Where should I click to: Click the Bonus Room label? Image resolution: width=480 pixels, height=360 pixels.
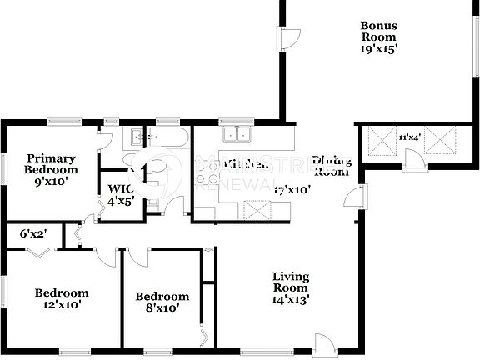coord(378,31)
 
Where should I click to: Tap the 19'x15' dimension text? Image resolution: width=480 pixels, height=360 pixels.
coord(378,49)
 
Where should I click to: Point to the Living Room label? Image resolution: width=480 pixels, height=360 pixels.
coord(291,282)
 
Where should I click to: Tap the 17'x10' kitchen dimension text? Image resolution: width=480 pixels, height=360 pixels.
coord(292,189)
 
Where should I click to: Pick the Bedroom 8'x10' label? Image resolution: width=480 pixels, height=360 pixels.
coord(162,302)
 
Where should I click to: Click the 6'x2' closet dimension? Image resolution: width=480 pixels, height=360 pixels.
coord(31,234)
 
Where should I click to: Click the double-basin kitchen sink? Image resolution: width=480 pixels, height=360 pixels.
coord(235,135)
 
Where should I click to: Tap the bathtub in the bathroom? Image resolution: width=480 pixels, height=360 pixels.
coord(169,137)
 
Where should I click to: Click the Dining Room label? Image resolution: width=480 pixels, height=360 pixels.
coord(331,166)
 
